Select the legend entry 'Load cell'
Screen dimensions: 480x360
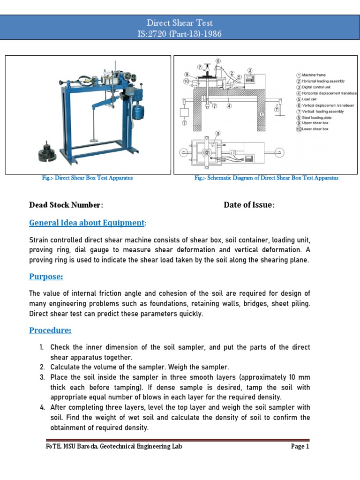point(310,99)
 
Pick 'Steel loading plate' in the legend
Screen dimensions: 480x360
point(316,118)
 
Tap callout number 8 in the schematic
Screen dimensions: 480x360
point(217,134)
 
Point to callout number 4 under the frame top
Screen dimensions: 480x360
point(229,106)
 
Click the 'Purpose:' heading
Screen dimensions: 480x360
point(46,277)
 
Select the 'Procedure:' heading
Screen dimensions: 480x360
point(50,330)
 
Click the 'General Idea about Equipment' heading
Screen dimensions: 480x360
point(87,223)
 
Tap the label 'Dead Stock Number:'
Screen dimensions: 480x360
point(66,205)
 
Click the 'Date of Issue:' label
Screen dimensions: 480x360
point(249,205)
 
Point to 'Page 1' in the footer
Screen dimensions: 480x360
point(300,447)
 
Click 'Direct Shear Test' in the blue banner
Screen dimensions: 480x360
point(180,22)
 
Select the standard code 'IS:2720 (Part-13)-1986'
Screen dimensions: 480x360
point(180,33)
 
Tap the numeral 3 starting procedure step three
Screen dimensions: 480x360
point(41,377)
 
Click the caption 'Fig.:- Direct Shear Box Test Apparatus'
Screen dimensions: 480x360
point(88,178)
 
